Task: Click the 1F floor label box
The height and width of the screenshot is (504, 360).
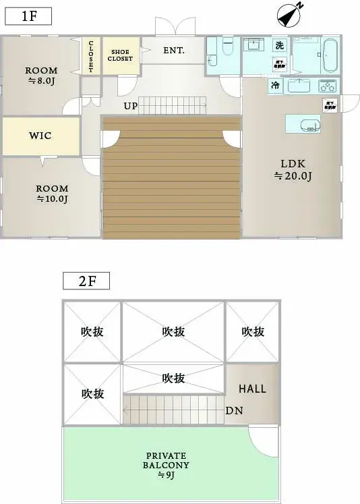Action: [x=28, y=16]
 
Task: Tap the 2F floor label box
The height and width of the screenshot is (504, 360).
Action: [x=86, y=280]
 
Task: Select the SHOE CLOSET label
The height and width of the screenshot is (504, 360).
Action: [x=121, y=55]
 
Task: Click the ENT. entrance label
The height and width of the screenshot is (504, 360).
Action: [x=173, y=51]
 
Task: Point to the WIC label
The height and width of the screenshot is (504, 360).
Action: [x=40, y=136]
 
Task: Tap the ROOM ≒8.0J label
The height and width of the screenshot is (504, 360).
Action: [x=41, y=76]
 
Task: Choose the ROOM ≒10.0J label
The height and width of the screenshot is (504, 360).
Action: [x=52, y=194]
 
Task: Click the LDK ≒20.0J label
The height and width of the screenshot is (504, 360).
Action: [x=292, y=169]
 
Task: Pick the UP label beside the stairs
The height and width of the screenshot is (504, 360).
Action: [x=131, y=106]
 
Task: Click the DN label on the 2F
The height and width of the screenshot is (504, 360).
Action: [x=234, y=410]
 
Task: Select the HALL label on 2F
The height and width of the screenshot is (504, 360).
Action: [x=252, y=389]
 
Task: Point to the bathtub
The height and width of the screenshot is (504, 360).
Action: [x=330, y=55]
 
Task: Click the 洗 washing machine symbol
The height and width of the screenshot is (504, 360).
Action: [x=278, y=46]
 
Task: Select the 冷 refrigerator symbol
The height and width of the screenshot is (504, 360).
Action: [x=275, y=86]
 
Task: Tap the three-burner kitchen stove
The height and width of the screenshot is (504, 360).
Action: [x=327, y=86]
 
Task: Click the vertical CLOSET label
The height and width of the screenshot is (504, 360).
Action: [x=90, y=56]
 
